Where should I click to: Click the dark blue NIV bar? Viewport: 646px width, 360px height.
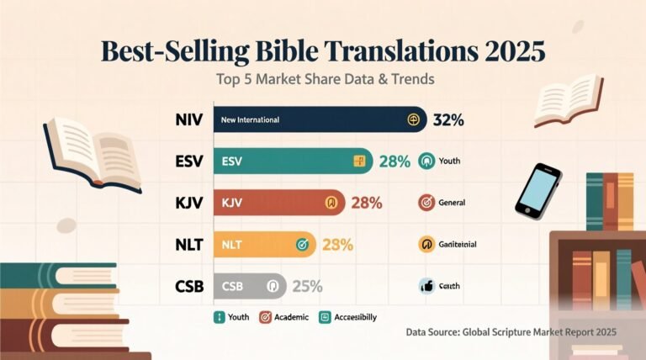point(320,120)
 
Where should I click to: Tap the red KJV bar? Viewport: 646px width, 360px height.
point(278,203)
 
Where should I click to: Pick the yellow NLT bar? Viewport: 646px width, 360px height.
point(265,245)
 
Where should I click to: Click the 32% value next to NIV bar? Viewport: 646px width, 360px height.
point(448,120)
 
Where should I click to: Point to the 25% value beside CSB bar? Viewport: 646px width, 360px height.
point(307,286)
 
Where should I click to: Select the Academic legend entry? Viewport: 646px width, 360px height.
point(283,317)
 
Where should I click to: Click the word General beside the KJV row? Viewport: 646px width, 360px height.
point(453,203)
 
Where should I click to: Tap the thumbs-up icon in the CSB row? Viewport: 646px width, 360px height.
point(426,286)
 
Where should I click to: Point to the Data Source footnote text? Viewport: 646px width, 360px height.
point(511,333)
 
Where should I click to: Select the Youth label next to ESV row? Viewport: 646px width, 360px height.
point(449,161)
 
